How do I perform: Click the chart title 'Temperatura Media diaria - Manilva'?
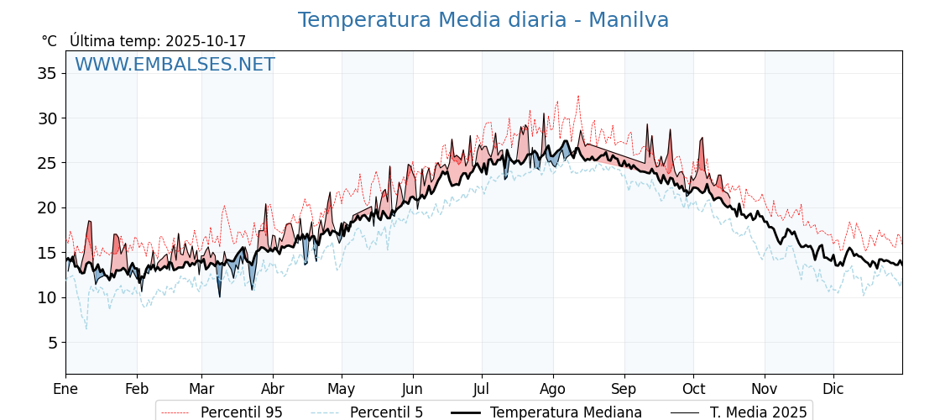483,20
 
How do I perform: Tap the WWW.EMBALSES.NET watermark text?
175,65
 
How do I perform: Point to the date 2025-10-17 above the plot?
206,41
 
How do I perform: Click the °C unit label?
50,41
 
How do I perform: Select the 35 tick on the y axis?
47,73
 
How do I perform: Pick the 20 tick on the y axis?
47,207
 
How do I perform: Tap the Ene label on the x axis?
65,389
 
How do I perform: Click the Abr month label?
273,389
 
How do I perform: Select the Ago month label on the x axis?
553,389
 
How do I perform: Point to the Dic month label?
833,389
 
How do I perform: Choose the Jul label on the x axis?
482,389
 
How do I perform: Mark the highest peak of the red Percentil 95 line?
578,96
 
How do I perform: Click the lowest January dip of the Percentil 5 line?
86,328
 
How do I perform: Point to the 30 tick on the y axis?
47,118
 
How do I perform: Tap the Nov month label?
765,389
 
